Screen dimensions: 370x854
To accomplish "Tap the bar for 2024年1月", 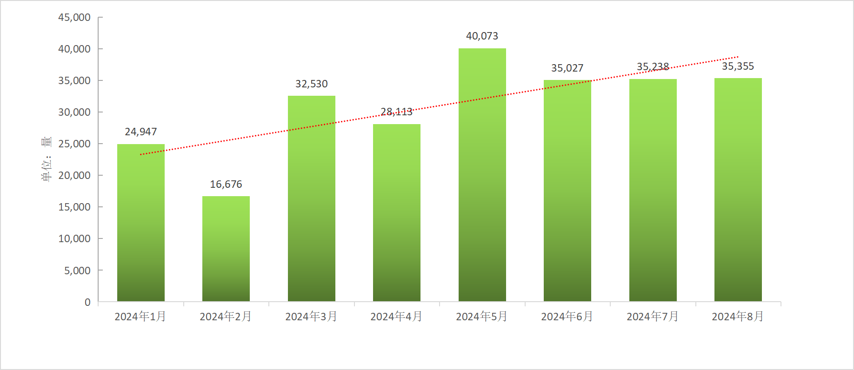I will tap(140, 223).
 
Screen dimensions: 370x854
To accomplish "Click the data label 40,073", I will tap(482, 36).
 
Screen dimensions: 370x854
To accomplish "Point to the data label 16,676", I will tap(226, 185).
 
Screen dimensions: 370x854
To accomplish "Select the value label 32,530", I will tap(312, 84).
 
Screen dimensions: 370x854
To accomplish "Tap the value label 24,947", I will tap(140, 132).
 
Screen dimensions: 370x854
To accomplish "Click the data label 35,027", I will tap(567, 68).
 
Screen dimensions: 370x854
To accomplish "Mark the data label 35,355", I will tap(738, 66).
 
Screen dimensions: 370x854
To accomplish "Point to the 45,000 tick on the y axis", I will tap(74, 18).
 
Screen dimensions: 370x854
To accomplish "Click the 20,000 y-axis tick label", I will tap(74, 176).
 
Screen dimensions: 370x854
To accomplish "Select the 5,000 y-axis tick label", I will tap(77, 271).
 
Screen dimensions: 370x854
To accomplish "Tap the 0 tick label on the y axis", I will tap(87, 302).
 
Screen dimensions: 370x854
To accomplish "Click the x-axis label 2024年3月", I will tap(311, 317).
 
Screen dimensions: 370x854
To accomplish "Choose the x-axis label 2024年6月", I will tap(567, 317).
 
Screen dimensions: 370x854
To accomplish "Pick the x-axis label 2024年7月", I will tap(653, 317).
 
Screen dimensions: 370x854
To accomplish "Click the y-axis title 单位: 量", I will tap(47, 159).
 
